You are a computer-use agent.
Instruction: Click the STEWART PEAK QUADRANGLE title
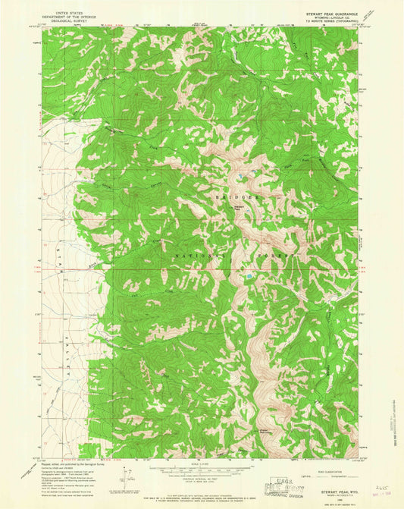pos(331,13)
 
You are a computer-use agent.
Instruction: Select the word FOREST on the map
pos(274,257)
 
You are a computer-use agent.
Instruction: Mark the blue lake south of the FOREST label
pos(247,280)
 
